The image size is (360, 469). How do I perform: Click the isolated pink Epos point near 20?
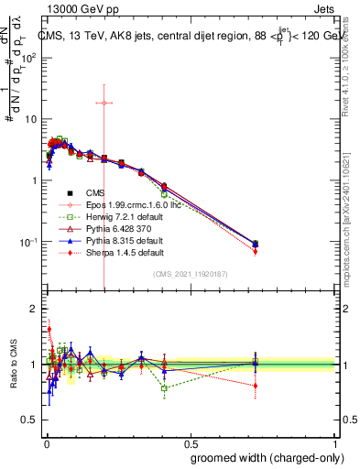104,103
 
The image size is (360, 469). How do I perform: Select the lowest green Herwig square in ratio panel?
164,388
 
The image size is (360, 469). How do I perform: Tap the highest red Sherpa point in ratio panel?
49,329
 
